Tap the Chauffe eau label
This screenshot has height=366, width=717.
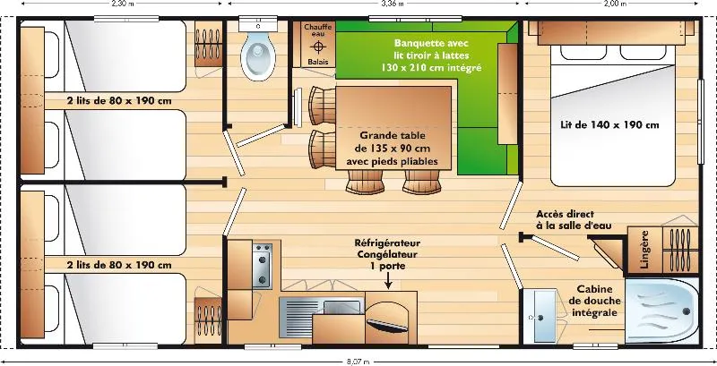pos(317,32)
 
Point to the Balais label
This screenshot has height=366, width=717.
pos(317,62)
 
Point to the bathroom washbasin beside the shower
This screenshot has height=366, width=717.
pos(541,316)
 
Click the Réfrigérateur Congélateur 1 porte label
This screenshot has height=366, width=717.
pos(387,253)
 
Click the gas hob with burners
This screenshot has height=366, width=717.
pos(263,263)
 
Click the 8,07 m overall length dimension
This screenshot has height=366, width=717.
pos(359,361)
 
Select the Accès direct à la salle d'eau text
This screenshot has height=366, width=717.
pos(574,220)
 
